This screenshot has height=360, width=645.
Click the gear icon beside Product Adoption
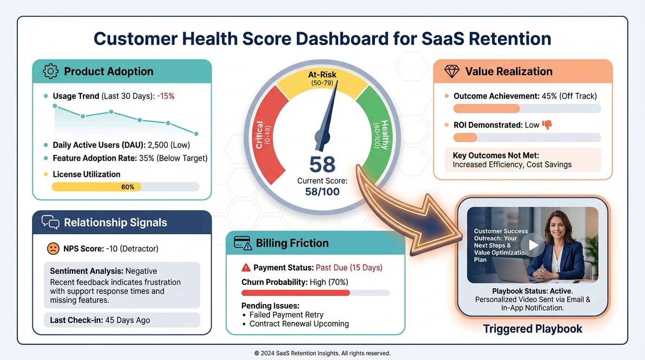click(51, 71)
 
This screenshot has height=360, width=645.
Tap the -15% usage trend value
click(165, 96)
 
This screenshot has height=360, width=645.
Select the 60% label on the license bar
click(127, 187)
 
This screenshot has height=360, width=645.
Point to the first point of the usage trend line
click(55, 106)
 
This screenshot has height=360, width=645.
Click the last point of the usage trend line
click(196, 134)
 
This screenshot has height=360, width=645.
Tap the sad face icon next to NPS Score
click(53, 248)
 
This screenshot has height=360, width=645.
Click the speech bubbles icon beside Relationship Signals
click(51, 222)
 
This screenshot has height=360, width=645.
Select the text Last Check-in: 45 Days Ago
click(100, 320)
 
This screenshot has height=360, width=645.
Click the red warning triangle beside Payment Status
click(246, 268)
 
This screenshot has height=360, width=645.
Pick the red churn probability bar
click(295, 293)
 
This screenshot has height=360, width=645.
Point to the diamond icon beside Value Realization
click(452, 71)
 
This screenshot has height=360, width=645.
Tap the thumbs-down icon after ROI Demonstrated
click(547, 125)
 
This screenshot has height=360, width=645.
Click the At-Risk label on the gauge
click(322, 75)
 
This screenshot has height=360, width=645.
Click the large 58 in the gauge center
click(322, 165)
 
